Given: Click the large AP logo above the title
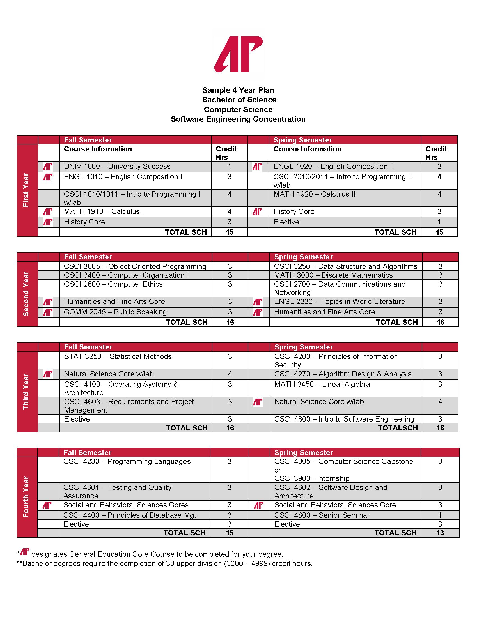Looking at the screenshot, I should click(x=238, y=54).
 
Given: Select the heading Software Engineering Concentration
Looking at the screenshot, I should click(x=238, y=119).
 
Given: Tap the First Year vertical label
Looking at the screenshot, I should click(x=26, y=190).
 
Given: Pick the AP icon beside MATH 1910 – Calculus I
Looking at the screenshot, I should click(x=48, y=211).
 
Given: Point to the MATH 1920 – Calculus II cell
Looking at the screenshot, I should click(x=314, y=194).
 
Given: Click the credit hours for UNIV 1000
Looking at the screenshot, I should click(x=229, y=166).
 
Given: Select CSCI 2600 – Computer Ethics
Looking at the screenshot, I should click(x=113, y=284).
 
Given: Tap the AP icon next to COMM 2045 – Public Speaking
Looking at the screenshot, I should click(x=48, y=312).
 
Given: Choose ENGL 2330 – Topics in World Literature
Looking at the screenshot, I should click(x=340, y=302).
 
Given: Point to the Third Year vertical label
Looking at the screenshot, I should click(x=26, y=392).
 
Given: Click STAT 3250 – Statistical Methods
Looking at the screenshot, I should click(x=118, y=356).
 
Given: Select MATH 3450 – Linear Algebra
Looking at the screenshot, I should click(x=322, y=384).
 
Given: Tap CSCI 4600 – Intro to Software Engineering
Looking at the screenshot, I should click(x=344, y=419).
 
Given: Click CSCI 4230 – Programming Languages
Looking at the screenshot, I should click(x=127, y=461).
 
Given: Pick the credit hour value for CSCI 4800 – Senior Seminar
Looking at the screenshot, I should click(x=440, y=515).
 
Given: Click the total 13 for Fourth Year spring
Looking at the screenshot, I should click(x=440, y=533).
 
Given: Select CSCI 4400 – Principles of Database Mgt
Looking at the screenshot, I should click(x=129, y=515).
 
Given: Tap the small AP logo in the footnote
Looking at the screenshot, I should click(x=25, y=552).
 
